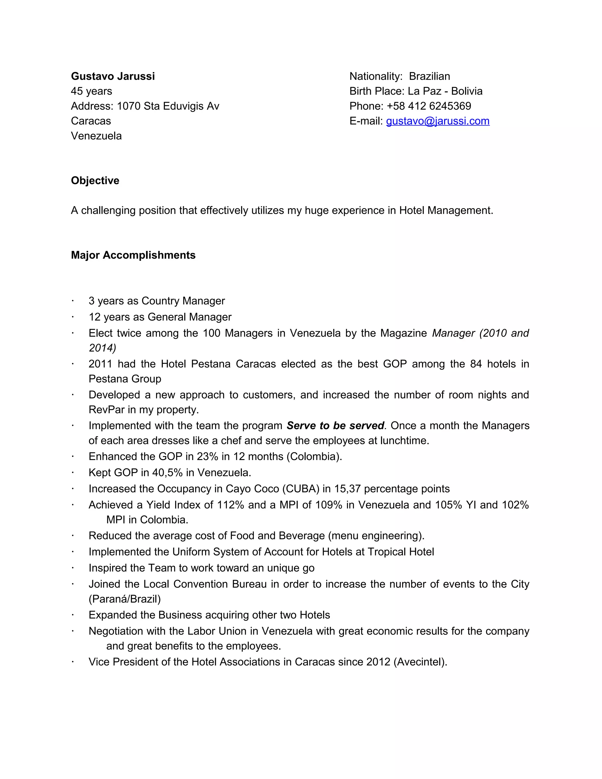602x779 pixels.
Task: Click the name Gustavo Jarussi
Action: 113,76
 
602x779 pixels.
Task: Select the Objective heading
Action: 95,180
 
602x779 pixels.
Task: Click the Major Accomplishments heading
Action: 133,255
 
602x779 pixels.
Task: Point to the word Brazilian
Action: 429,76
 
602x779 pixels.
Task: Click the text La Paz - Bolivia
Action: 445,91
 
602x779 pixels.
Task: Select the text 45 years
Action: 91,91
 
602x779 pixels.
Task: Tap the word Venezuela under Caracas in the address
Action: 96,136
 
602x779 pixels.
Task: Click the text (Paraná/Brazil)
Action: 124,599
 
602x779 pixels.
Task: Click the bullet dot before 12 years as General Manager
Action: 72,317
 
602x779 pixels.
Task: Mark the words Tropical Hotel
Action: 401,552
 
